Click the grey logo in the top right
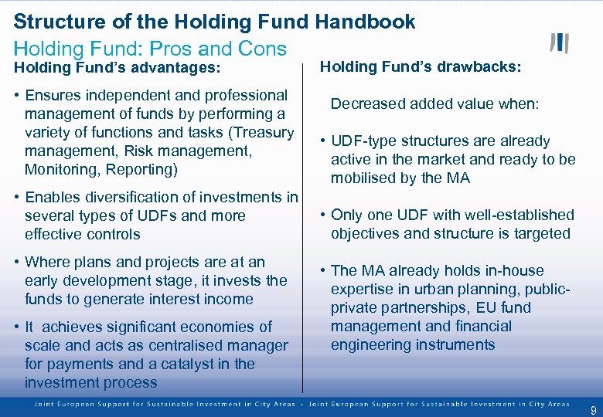(559, 43)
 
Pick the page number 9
(593, 410)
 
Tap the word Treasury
(263, 133)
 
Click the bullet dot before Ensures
(17, 96)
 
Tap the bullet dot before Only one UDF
(323, 215)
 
